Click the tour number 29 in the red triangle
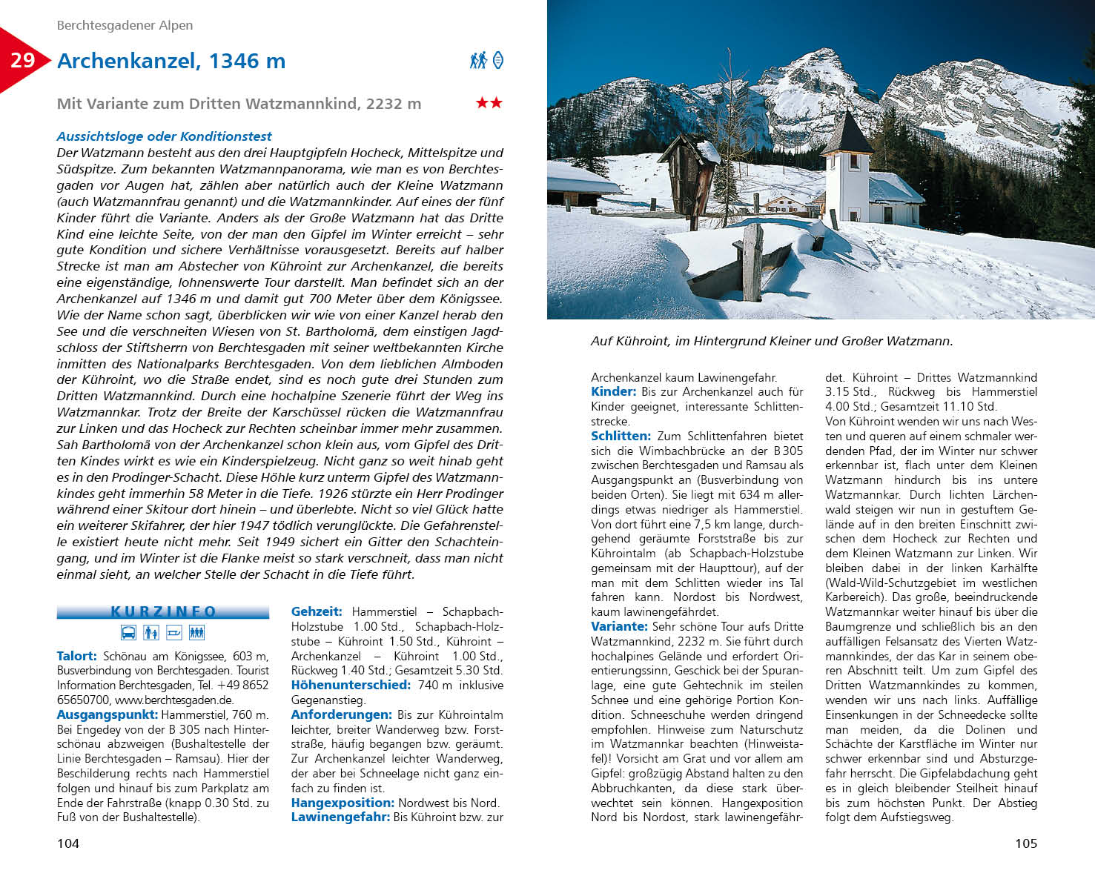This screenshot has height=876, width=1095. coord(22,60)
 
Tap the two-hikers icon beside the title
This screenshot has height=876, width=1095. coord(478,60)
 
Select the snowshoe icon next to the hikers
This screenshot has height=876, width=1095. coord(498,60)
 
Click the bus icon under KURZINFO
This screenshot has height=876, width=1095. coord(128,632)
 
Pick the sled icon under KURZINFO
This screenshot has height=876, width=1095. coord(174,632)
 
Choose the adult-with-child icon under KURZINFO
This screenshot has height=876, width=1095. coord(151,632)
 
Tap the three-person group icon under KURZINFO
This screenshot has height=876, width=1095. coord(196,632)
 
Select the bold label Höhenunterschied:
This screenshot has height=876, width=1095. coord(351,685)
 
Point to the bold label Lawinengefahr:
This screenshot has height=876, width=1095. coord(340,817)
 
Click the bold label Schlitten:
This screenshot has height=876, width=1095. coord(621,436)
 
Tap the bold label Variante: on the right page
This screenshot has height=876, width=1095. coord(619,626)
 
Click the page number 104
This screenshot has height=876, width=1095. coord(68,843)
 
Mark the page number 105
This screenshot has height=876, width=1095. coord(1026,843)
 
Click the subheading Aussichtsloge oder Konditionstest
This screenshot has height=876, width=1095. coord(164,136)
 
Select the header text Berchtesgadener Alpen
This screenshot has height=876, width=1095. coord(125,25)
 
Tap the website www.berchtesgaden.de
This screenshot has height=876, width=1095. coord(174,700)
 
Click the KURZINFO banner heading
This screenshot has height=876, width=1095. coord(163,611)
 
